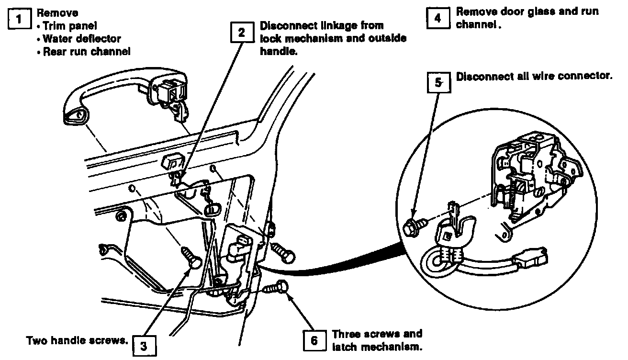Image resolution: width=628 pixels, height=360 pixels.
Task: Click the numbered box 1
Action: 19,21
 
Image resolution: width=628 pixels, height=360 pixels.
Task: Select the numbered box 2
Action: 242,33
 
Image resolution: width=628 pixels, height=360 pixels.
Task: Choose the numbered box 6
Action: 314,340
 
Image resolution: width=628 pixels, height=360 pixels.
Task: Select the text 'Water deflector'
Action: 81,39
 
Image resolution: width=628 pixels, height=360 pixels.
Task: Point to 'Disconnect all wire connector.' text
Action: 534,77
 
